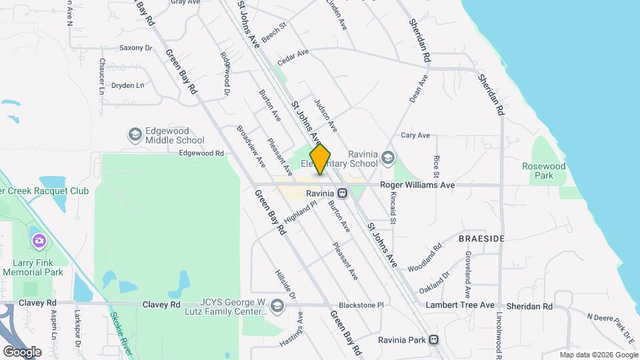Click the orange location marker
321,159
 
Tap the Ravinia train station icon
342,193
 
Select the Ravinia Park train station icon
434,339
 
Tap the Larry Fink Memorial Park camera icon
39,240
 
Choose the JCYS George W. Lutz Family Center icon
277,306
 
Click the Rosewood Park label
543,171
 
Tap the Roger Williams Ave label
417,185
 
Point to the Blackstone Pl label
361,305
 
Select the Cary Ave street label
415,135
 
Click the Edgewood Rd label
201,153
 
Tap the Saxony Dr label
136,48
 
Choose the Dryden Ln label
127,85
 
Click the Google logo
22,351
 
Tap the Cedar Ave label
293,57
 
